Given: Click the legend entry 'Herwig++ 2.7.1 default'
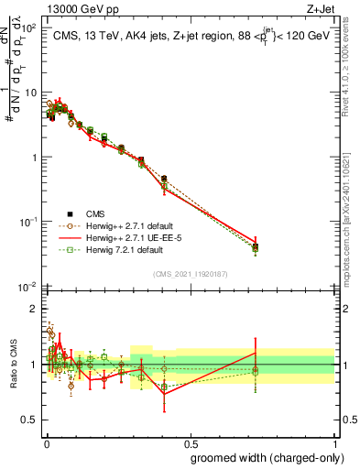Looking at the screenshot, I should pos(98,225).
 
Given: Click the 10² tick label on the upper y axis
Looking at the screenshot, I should pos(28,28).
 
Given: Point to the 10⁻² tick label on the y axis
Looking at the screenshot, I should pos(28,287).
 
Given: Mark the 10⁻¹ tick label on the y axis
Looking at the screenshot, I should pos(28,223).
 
